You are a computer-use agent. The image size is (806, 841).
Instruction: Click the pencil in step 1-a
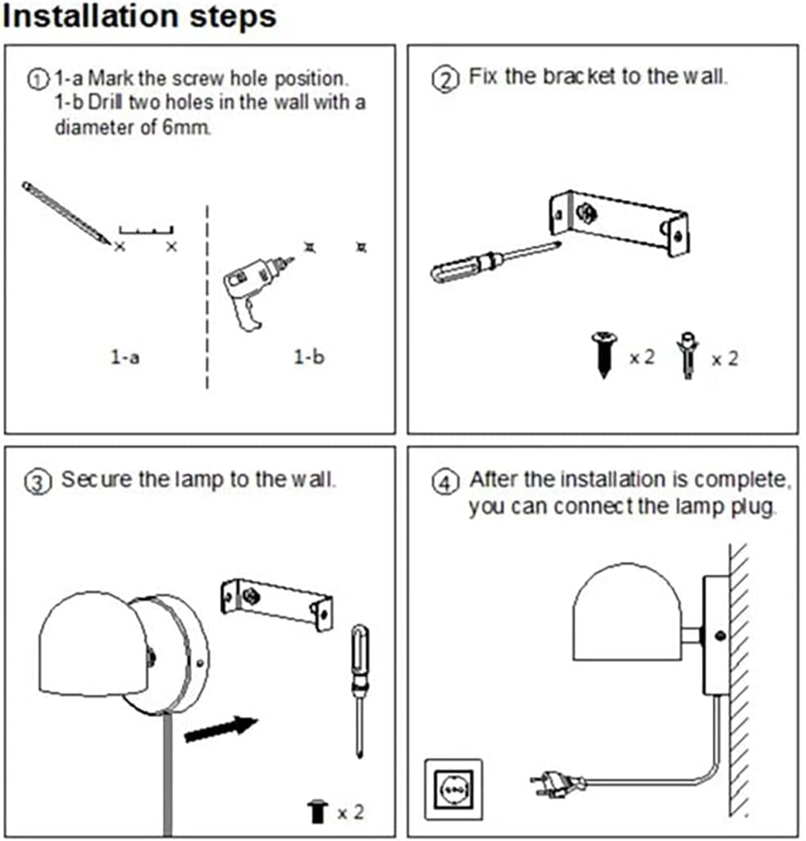66,213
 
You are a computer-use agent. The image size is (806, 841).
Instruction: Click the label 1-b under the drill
308,357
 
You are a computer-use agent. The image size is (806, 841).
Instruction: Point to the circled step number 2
444,80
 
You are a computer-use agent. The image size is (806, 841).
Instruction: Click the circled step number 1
38,80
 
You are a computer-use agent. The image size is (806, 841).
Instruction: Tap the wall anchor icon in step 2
686,355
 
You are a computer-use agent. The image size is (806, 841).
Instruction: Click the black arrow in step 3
220,728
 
